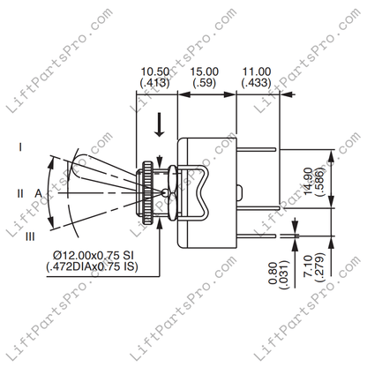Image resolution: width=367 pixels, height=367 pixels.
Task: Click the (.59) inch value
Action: [x=206, y=86]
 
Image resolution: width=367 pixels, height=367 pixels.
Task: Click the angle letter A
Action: [x=40, y=191]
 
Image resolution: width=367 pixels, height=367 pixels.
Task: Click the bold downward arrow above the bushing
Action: [x=159, y=126]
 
